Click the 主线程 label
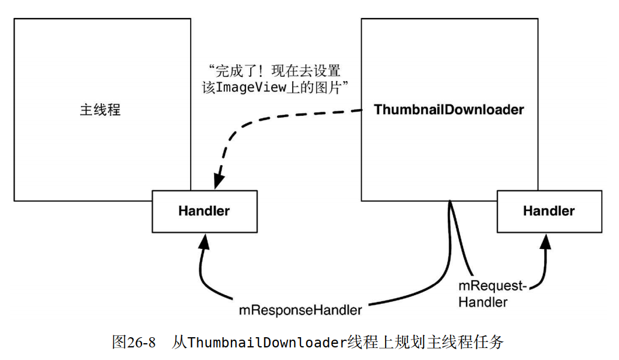click(x=100, y=110)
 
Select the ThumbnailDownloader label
click(x=449, y=110)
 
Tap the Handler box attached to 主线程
click(x=204, y=211)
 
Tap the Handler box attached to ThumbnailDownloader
click(x=548, y=211)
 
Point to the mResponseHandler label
click(x=301, y=310)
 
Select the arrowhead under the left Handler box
click(x=205, y=241)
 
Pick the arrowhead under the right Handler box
click(x=546, y=241)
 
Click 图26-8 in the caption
click(x=134, y=343)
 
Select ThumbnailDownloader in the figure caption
click(x=268, y=343)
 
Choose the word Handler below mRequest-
click(x=482, y=302)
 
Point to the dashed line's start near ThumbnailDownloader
click(x=362, y=110)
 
